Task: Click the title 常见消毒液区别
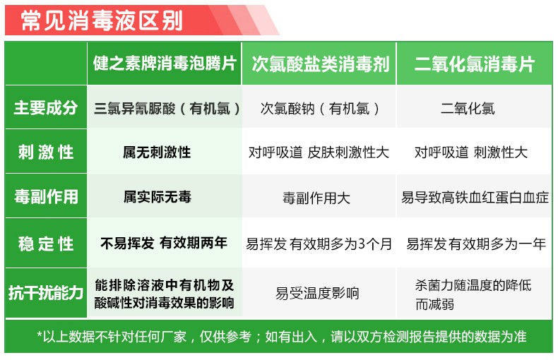click(102, 20)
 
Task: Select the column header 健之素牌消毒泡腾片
click(165, 64)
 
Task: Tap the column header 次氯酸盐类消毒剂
click(320, 64)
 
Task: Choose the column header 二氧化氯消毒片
click(474, 64)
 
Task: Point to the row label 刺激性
click(46, 152)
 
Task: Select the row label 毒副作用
click(46, 197)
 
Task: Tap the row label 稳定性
click(46, 244)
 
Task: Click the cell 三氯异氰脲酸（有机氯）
click(167, 109)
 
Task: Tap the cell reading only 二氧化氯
click(468, 109)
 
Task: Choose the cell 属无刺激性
click(157, 152)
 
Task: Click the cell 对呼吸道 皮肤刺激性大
click(319, 152)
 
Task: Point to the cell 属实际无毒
click(157, 197)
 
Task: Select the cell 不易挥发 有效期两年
click(164, 244)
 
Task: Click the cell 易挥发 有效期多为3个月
click(319, 244)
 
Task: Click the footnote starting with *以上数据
click(281, 337)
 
